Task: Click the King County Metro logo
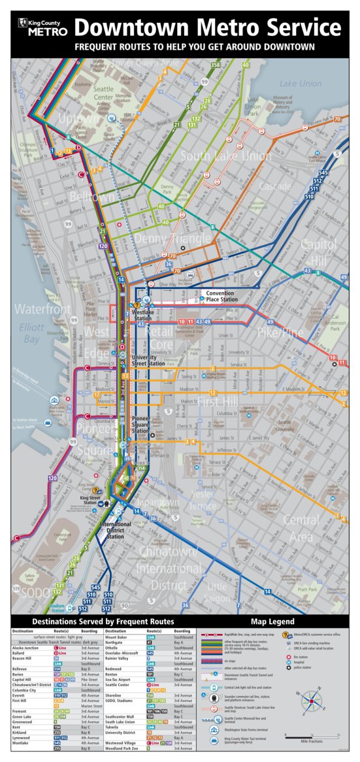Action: pyautogui.click(x=43, y=27)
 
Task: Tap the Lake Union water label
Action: pyautogui.click(x=300, y=84)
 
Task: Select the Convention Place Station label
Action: pyautogui.click(x=220, y=297)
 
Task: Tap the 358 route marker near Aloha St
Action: pyautogui.click(x=216, y=65)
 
